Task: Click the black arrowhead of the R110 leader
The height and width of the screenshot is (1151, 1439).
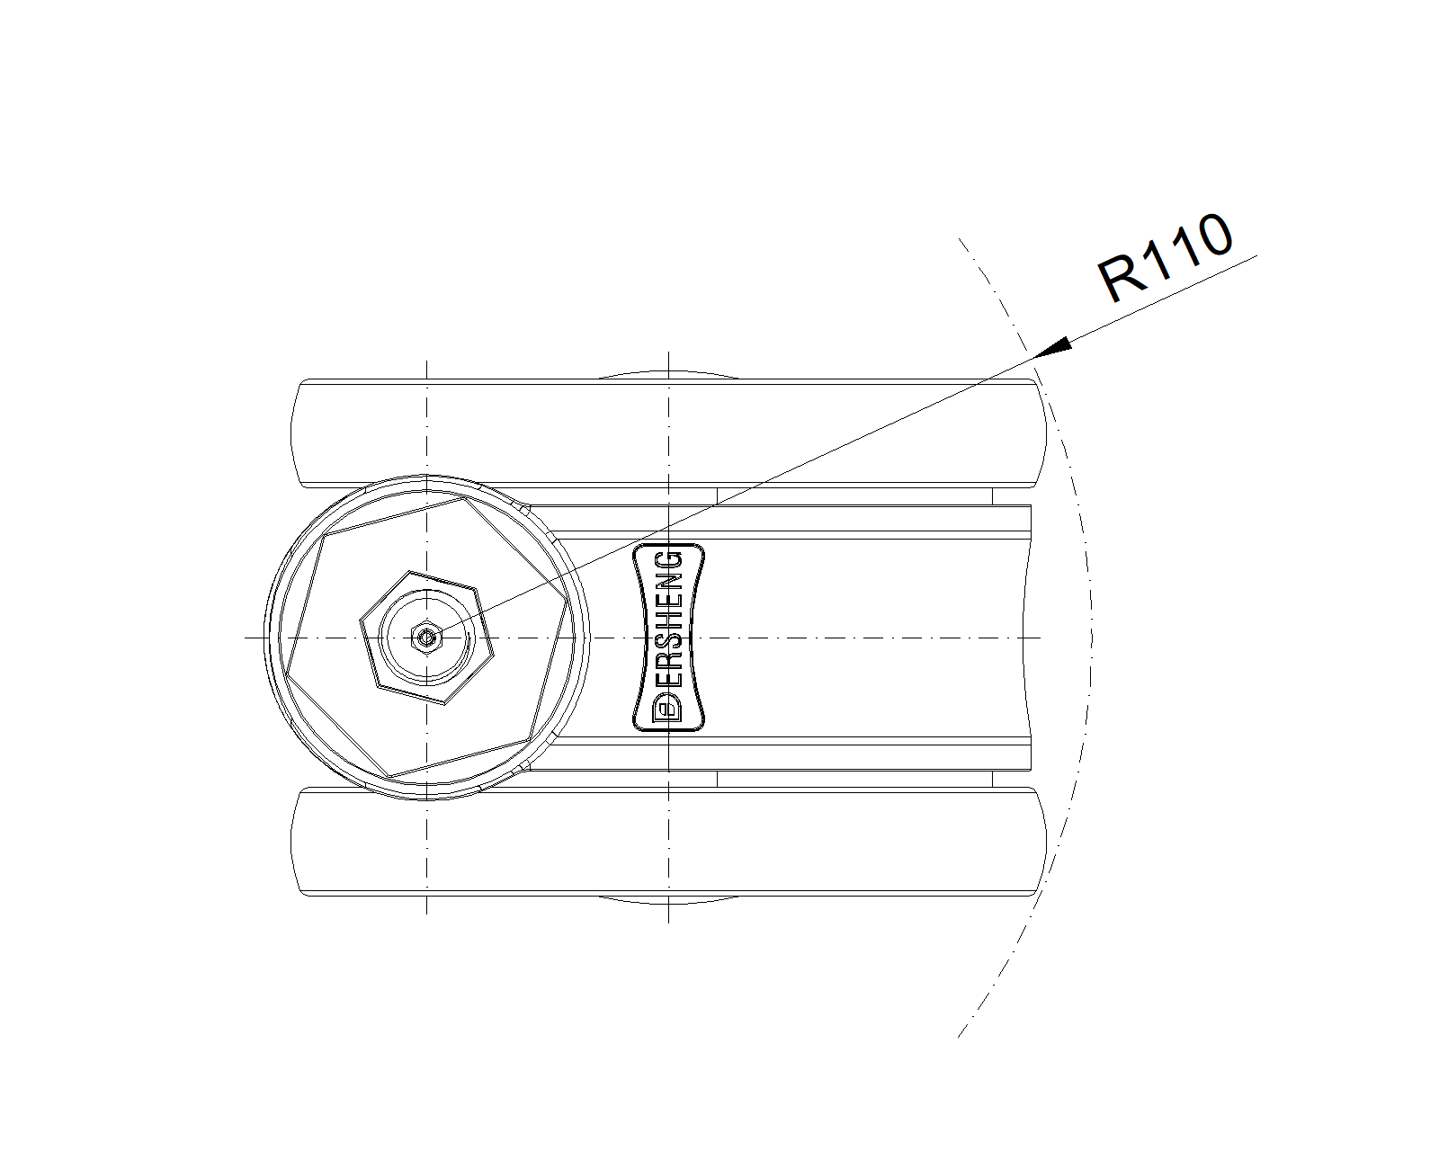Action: pos(1052,348)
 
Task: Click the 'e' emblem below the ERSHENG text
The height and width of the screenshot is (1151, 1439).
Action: pos(667,708)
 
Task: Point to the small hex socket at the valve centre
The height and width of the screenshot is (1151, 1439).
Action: pos(426,638)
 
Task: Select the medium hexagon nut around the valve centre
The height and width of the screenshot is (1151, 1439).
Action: pos(426,638)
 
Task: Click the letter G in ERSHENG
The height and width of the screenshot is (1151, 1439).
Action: pos(667,560)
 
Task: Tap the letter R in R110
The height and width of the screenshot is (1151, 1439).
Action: pos(1119,278)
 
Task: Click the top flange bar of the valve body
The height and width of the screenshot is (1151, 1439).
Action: pos(668,433)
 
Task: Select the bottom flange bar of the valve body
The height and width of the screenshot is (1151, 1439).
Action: pos(668,842)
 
